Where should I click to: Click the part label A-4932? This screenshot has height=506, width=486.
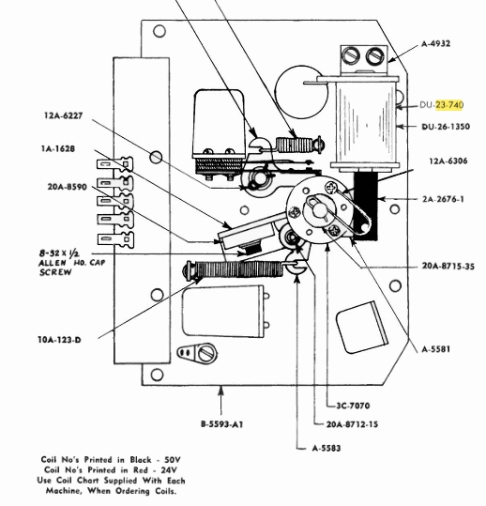pos(435,43)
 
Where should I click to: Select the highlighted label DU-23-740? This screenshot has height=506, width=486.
pos(442,105)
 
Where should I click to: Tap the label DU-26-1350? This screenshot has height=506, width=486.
pos(446,127)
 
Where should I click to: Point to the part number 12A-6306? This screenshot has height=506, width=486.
pos(448,161)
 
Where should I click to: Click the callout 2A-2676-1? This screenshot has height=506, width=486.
pos(444,199)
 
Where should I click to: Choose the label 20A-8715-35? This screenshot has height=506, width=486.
pos(448,267)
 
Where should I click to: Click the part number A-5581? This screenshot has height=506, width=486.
pos(435,349)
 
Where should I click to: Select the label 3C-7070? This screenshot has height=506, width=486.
pos(353,406)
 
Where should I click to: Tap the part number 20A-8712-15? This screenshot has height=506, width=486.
pos(352,424)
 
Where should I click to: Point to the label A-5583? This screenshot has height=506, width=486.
pos(327,448)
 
